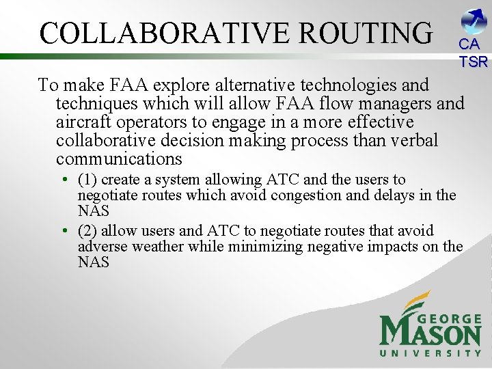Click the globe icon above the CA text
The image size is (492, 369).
pos(474,21)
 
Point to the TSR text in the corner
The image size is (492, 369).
pos(474,61)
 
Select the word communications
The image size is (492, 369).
pos(119,159)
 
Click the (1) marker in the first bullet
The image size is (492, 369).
pos(87,180)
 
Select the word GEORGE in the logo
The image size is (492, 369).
pos(448,319)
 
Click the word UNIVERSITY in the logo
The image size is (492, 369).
pos(430,353)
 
